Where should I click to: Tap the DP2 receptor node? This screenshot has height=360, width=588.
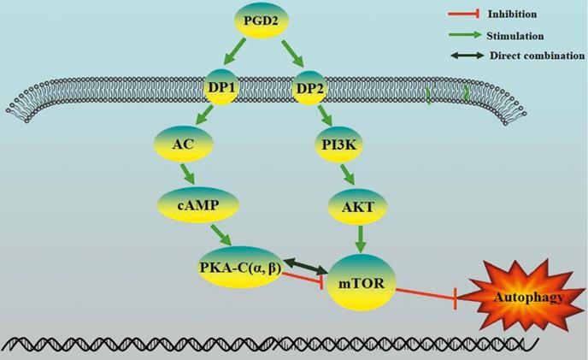pos(312,86)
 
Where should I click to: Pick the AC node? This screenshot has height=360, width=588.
pos(180,145)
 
